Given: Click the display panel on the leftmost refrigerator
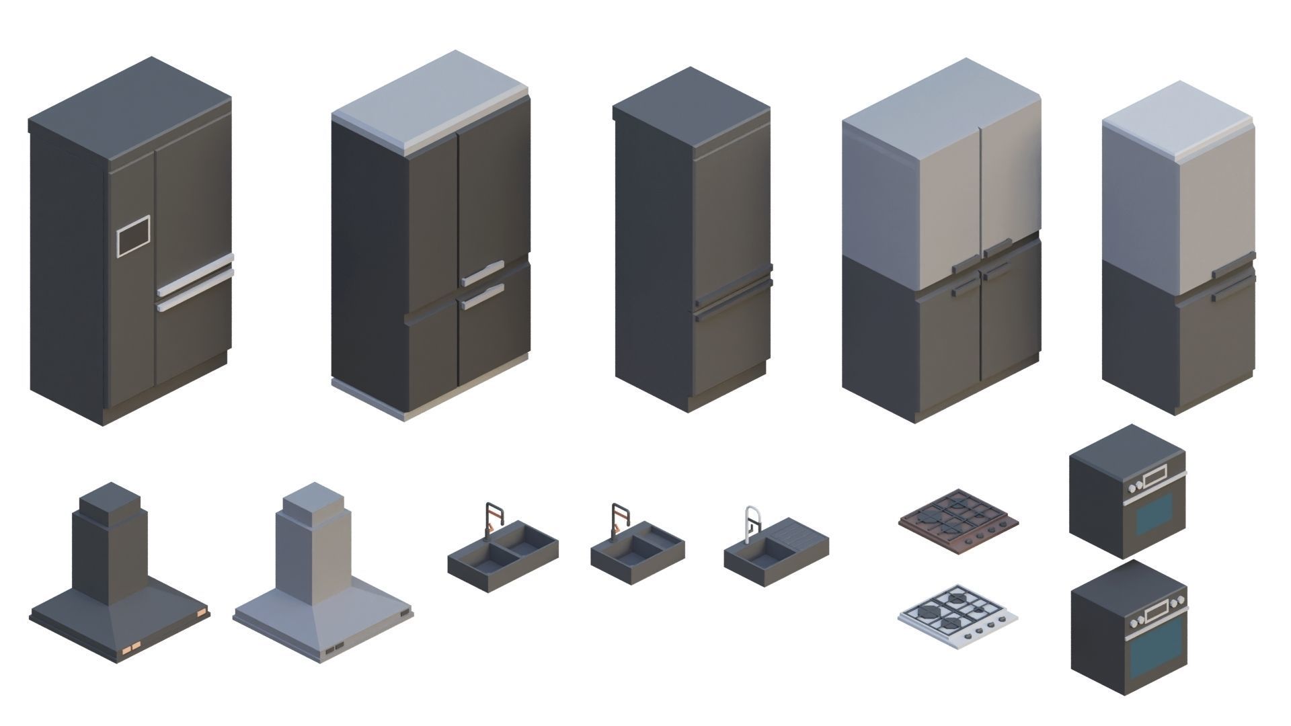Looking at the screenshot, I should [x=134, y=235].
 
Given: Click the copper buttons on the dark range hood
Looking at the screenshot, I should [x=131, y=647].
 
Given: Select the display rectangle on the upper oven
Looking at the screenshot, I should [x=1155, y=477].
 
